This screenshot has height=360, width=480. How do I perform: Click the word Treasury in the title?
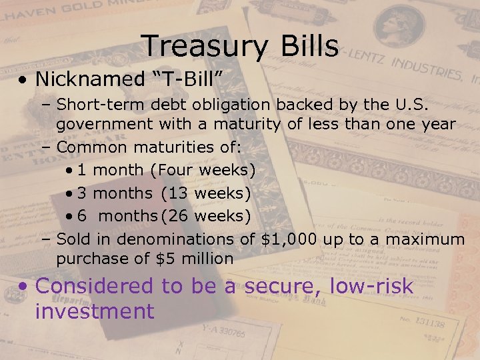[x=201, y=47]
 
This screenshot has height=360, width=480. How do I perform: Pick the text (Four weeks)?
[x=203, y=170]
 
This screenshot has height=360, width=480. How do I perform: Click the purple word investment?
[x=94, y=311]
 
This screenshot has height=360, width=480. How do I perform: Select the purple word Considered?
[x=94, y=286]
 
